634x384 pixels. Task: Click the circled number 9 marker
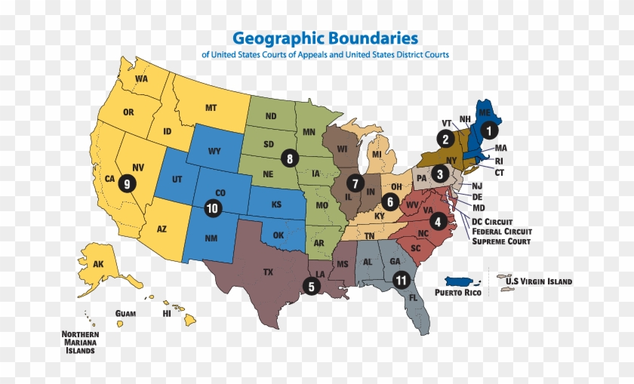(x=128, y=182)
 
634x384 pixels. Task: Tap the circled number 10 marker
(x=213, y=207)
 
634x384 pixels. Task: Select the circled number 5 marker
(x=310, y=286)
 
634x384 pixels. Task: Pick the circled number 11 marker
(x=401, y=280)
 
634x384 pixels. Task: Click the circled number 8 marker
(x=289, y=158)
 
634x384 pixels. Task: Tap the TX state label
(x=268, y=271)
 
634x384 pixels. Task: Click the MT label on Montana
(x=211, y=109)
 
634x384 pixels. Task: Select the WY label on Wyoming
(x=215, y=151)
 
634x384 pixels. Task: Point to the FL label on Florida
(x=413, y=297)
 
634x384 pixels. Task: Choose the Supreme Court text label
(x=500, y=241)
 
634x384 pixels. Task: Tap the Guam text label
(x=125, y=313)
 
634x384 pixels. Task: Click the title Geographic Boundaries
(x=325, y=38)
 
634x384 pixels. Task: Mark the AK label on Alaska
(x=99, y=265)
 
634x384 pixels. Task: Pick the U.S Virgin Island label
(x=538, y=281)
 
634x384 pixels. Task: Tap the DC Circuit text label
(x=497, y=220)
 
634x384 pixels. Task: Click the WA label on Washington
(x=141, y=79)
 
